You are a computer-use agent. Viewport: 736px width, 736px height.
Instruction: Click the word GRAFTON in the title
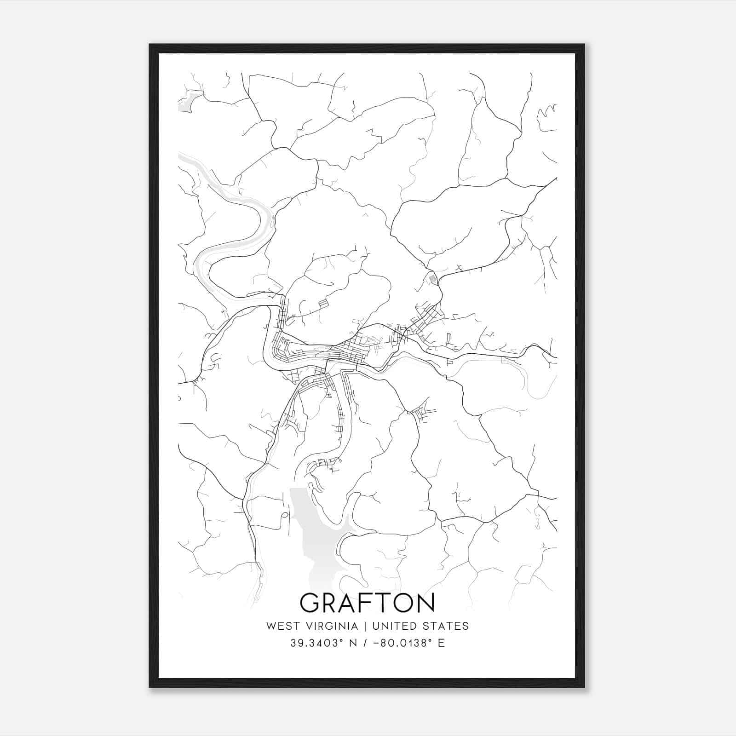pyautogui.click(x=367, y=603)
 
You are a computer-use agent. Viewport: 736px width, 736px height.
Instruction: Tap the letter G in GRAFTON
pyautogui.click(x=310, y=603)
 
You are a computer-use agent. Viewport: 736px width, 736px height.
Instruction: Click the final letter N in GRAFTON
pyautogui.click(x=425, y=603)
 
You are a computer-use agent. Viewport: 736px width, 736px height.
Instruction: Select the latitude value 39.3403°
pyautogui.click(x=317, y=643)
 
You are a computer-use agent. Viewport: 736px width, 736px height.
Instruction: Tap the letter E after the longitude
pyautogui.click(x=441, y=643)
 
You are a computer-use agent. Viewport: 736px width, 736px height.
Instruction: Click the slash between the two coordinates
pyautogui.click(x=366, y=643)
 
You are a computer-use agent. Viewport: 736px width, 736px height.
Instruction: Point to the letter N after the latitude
pyautogui.click(x=354, y=643)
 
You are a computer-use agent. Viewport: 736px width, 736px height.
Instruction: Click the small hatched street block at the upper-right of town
pyautogui.click(x=432, y=278)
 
